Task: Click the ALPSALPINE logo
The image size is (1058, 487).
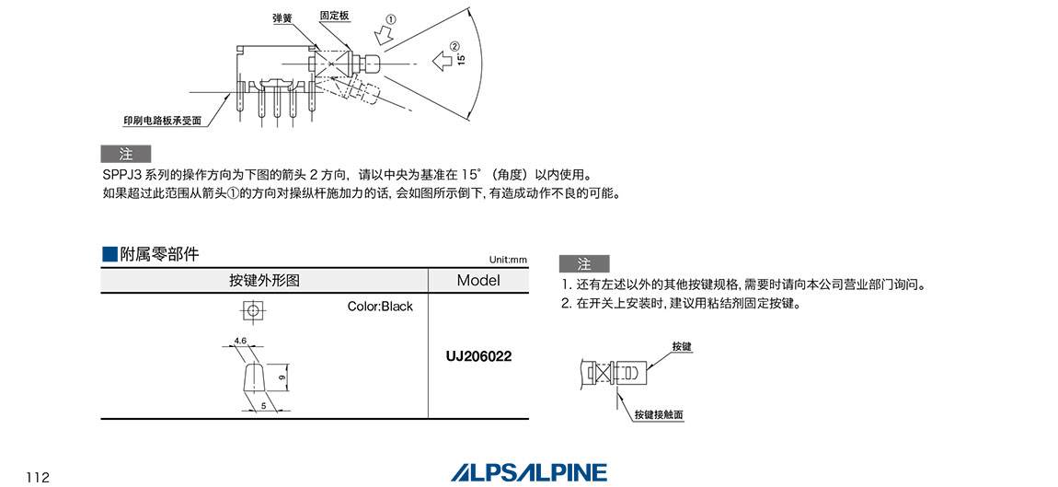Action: coord(529,472)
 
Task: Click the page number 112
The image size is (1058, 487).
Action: coord(38,476)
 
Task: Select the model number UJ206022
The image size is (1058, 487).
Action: coord(477,355)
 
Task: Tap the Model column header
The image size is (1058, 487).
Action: coord(477,281)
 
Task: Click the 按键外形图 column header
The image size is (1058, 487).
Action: coord(264,281)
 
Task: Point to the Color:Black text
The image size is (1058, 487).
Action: coord(380,307)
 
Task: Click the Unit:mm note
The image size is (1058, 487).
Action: coord(509,260)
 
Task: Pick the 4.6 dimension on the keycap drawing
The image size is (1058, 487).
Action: coord(240,341)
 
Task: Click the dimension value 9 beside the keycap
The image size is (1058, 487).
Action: coord(282,376)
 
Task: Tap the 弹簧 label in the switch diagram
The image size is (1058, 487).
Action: coord(282,17)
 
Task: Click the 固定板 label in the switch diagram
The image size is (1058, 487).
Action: coord(332,16)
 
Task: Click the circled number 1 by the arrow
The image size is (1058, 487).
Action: coord(391,19)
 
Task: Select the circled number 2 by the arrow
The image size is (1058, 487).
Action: coord(454,46)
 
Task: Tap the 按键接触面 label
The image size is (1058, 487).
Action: coord(659,415)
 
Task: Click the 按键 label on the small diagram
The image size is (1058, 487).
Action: coord(681,346)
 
